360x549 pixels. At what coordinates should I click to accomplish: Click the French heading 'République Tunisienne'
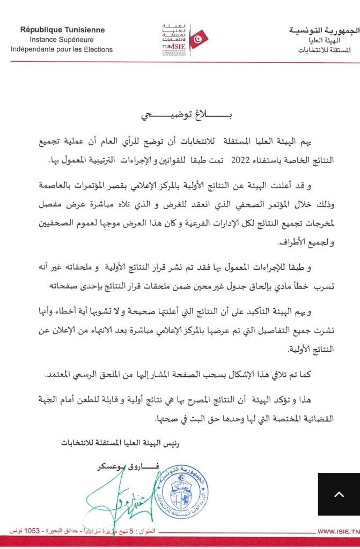pyautogui.click(x=62, y=30)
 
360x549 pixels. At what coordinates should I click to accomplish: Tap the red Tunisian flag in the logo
pyautogui.click(x=199, y=39)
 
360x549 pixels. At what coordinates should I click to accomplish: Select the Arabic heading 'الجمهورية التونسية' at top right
pyautogui.click(x=321, y=31)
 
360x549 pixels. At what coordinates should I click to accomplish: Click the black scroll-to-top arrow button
pyautogui.click(x=339, y=494)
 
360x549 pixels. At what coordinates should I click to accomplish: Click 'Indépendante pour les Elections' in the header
pyautogui.click(x=62, y=49)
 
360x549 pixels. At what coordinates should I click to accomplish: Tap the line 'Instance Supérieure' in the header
pyautogui.click(x=62, y=40)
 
